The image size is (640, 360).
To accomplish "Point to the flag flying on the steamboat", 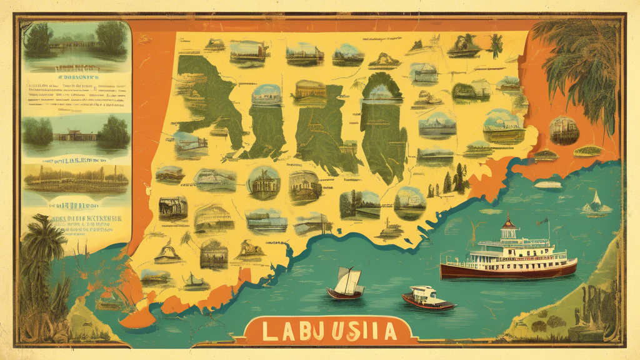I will pos(544,221).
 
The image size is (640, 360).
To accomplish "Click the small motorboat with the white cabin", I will pos(427,297).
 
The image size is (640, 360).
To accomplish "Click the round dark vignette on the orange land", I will pos(563,130).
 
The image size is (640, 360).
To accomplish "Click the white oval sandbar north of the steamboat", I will pos(548,184).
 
